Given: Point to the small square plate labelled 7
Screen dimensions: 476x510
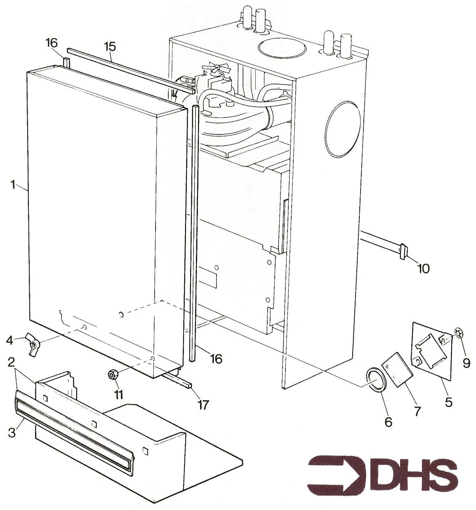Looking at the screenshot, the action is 397,369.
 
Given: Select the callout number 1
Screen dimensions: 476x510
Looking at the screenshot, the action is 13,185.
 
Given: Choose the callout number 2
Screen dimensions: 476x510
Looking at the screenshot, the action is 11,362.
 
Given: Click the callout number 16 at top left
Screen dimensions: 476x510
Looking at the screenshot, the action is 52,43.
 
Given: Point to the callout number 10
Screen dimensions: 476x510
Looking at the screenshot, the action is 423,269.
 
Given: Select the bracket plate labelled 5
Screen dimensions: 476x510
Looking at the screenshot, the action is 432,351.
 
